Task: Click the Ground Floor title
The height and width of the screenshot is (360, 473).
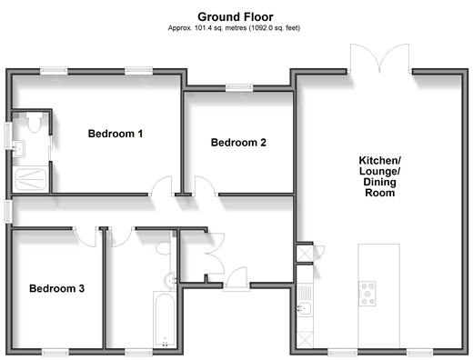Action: click(236, 16)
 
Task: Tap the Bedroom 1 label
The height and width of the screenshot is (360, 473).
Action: click(116, 134)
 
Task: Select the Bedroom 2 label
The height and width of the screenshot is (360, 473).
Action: click(238, 143)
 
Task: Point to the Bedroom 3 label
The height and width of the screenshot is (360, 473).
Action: click(56, 288)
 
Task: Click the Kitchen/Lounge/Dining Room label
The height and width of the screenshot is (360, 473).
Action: click(380, 176)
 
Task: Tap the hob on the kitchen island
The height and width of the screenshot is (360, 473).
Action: click(367, 294)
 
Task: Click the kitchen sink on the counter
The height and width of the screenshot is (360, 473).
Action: click(304, 309)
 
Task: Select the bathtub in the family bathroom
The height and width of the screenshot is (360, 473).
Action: click(165, 319)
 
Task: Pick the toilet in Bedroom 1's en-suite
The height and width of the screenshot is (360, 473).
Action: click(34, 122)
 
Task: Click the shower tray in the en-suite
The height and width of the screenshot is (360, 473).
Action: click(31, 179)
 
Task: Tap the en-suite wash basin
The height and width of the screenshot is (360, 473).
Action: click(19, 149)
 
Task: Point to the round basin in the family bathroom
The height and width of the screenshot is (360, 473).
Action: click(170, 281)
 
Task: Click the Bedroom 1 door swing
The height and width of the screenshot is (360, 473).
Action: click(161, 185)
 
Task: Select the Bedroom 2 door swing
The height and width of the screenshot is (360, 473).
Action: click(206, 185)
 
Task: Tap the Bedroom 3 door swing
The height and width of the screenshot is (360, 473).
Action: click(86, 237)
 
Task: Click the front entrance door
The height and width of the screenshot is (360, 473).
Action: click(236, 276)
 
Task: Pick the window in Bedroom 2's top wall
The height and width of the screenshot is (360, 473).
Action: click(239, 88)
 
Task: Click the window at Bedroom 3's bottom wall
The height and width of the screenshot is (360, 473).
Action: click(55, 352)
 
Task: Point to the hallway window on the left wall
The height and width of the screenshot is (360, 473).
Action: click(8, 211)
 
